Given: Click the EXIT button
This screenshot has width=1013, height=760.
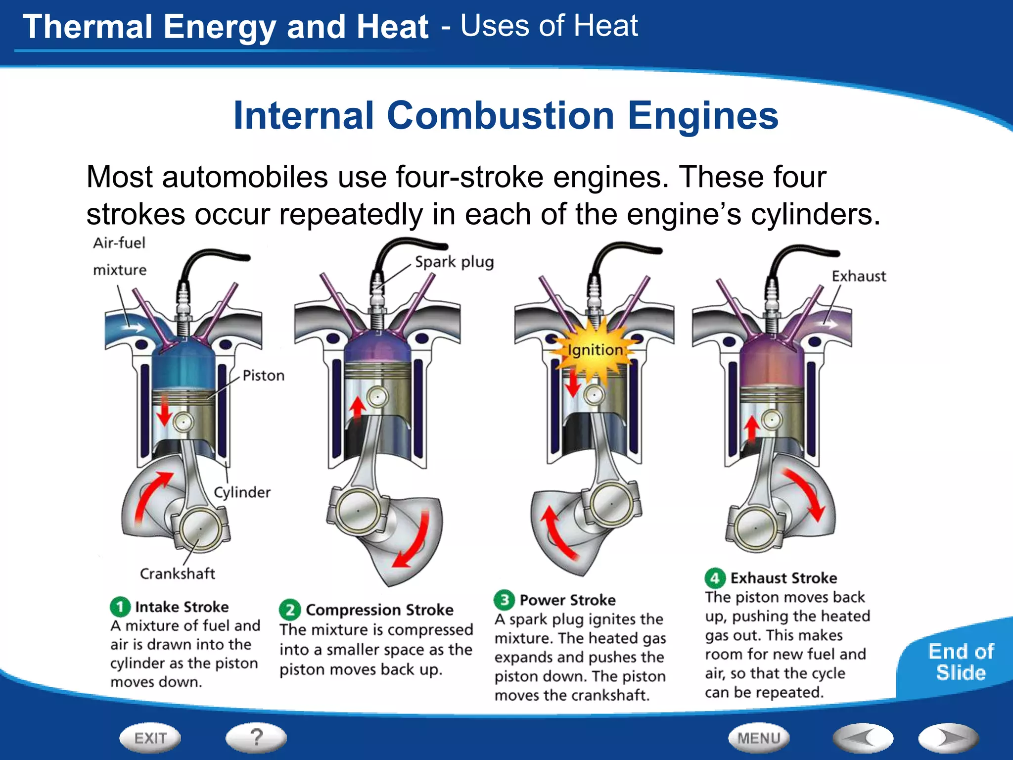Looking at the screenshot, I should pyautogui.click(x=150, y=738).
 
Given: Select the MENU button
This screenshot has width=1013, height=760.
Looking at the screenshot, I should pyautogui.click(x=758, y=738).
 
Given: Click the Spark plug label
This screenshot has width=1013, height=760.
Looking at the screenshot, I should pyautogui.click(x=454, y=262).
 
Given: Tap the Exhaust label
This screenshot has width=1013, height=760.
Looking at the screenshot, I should pyautogui.click(x=859, y=276).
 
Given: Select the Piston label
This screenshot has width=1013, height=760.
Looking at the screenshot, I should pyautogui.click(x=263, y=376).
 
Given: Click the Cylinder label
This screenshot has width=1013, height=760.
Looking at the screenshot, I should pyautogui.click(x=242, y=492).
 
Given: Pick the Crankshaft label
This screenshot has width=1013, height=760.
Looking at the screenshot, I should pyautogui.click(x=177, y=573).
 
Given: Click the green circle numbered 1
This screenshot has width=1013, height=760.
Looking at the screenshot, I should pyautogui.click(x=120, y=607).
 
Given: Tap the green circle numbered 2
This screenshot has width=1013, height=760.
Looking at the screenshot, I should pyautogui.click(x=290, y=610).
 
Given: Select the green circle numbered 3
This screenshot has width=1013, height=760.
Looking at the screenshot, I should pyautogui.click(x=504, y=600).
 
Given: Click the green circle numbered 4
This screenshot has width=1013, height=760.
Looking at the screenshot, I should pyautogui.click(x=714, y=578).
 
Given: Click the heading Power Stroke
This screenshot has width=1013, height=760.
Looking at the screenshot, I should pyautogui.click(x=567, y=600).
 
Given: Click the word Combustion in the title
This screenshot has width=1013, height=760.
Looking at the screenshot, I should pyautogui.click(x=501, y=115).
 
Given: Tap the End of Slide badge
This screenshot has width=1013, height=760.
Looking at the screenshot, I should pyautogui.click(x=961, y=662).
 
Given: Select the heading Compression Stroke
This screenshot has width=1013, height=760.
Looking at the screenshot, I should pyautogui.click(x=379, y=610).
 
